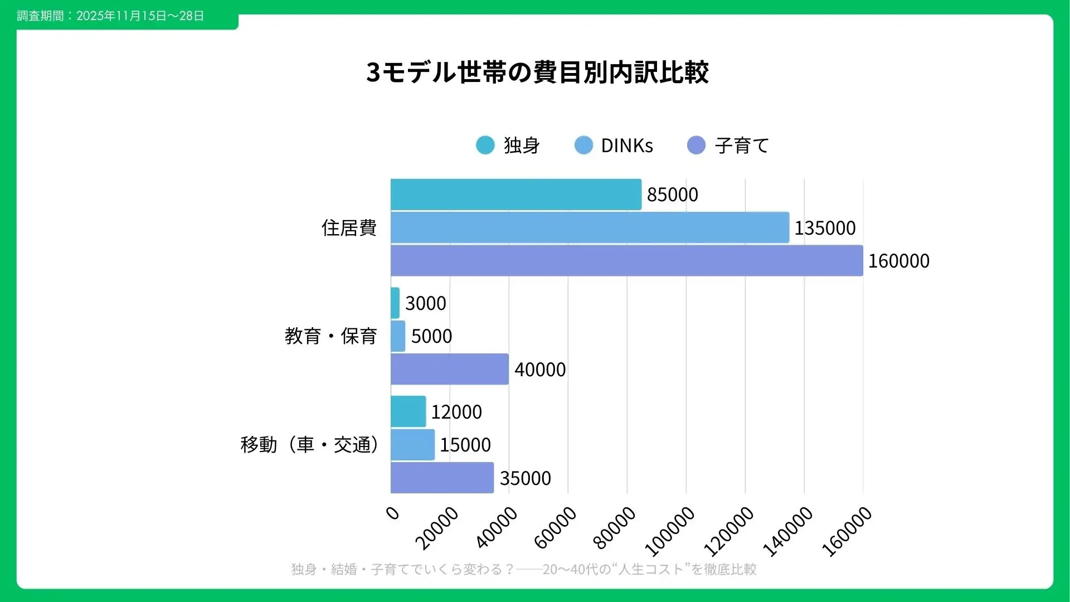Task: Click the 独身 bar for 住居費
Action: pos(515,195)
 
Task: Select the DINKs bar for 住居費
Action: pos(590,227)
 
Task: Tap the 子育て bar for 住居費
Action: pos(626,260)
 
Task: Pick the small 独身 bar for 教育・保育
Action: pos(395,303)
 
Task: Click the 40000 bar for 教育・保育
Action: pos(449,369)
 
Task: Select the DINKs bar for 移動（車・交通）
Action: pos(412,444)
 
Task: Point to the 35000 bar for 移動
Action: pos(442,478)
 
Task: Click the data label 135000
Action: pos(825,228)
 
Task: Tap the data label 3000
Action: pos(426,303)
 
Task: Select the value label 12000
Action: pos(456,412)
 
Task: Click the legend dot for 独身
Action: pos(485,145)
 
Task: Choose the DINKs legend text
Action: pos(627,145)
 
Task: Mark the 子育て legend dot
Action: pos(697,145)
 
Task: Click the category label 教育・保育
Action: pos(330,336)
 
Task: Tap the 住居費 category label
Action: pos(349,228)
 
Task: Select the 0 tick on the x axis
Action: pos(393,513)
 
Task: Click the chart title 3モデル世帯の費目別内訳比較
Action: pos(537,72)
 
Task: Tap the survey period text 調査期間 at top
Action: pos(110,16)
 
